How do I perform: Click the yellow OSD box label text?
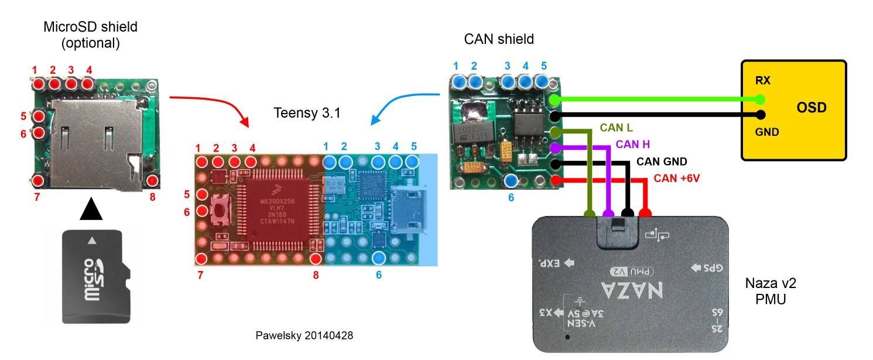point(812,108)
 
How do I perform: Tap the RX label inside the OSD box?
point(762,80)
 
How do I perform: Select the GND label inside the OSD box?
point(766,132)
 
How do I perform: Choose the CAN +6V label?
point(677,179)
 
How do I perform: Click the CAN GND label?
point(662,162)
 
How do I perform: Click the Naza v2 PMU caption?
point(770,291)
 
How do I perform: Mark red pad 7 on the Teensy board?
point(202,258)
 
